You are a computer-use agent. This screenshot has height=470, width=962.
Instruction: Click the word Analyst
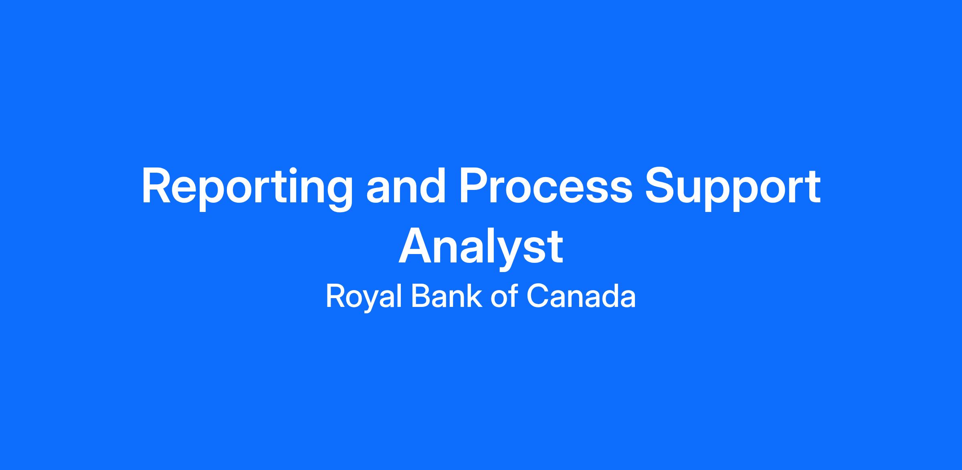481,248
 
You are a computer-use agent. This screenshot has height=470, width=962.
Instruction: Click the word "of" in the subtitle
504,296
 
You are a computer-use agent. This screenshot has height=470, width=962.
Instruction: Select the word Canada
581,296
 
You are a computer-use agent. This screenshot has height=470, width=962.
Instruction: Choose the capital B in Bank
421,296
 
